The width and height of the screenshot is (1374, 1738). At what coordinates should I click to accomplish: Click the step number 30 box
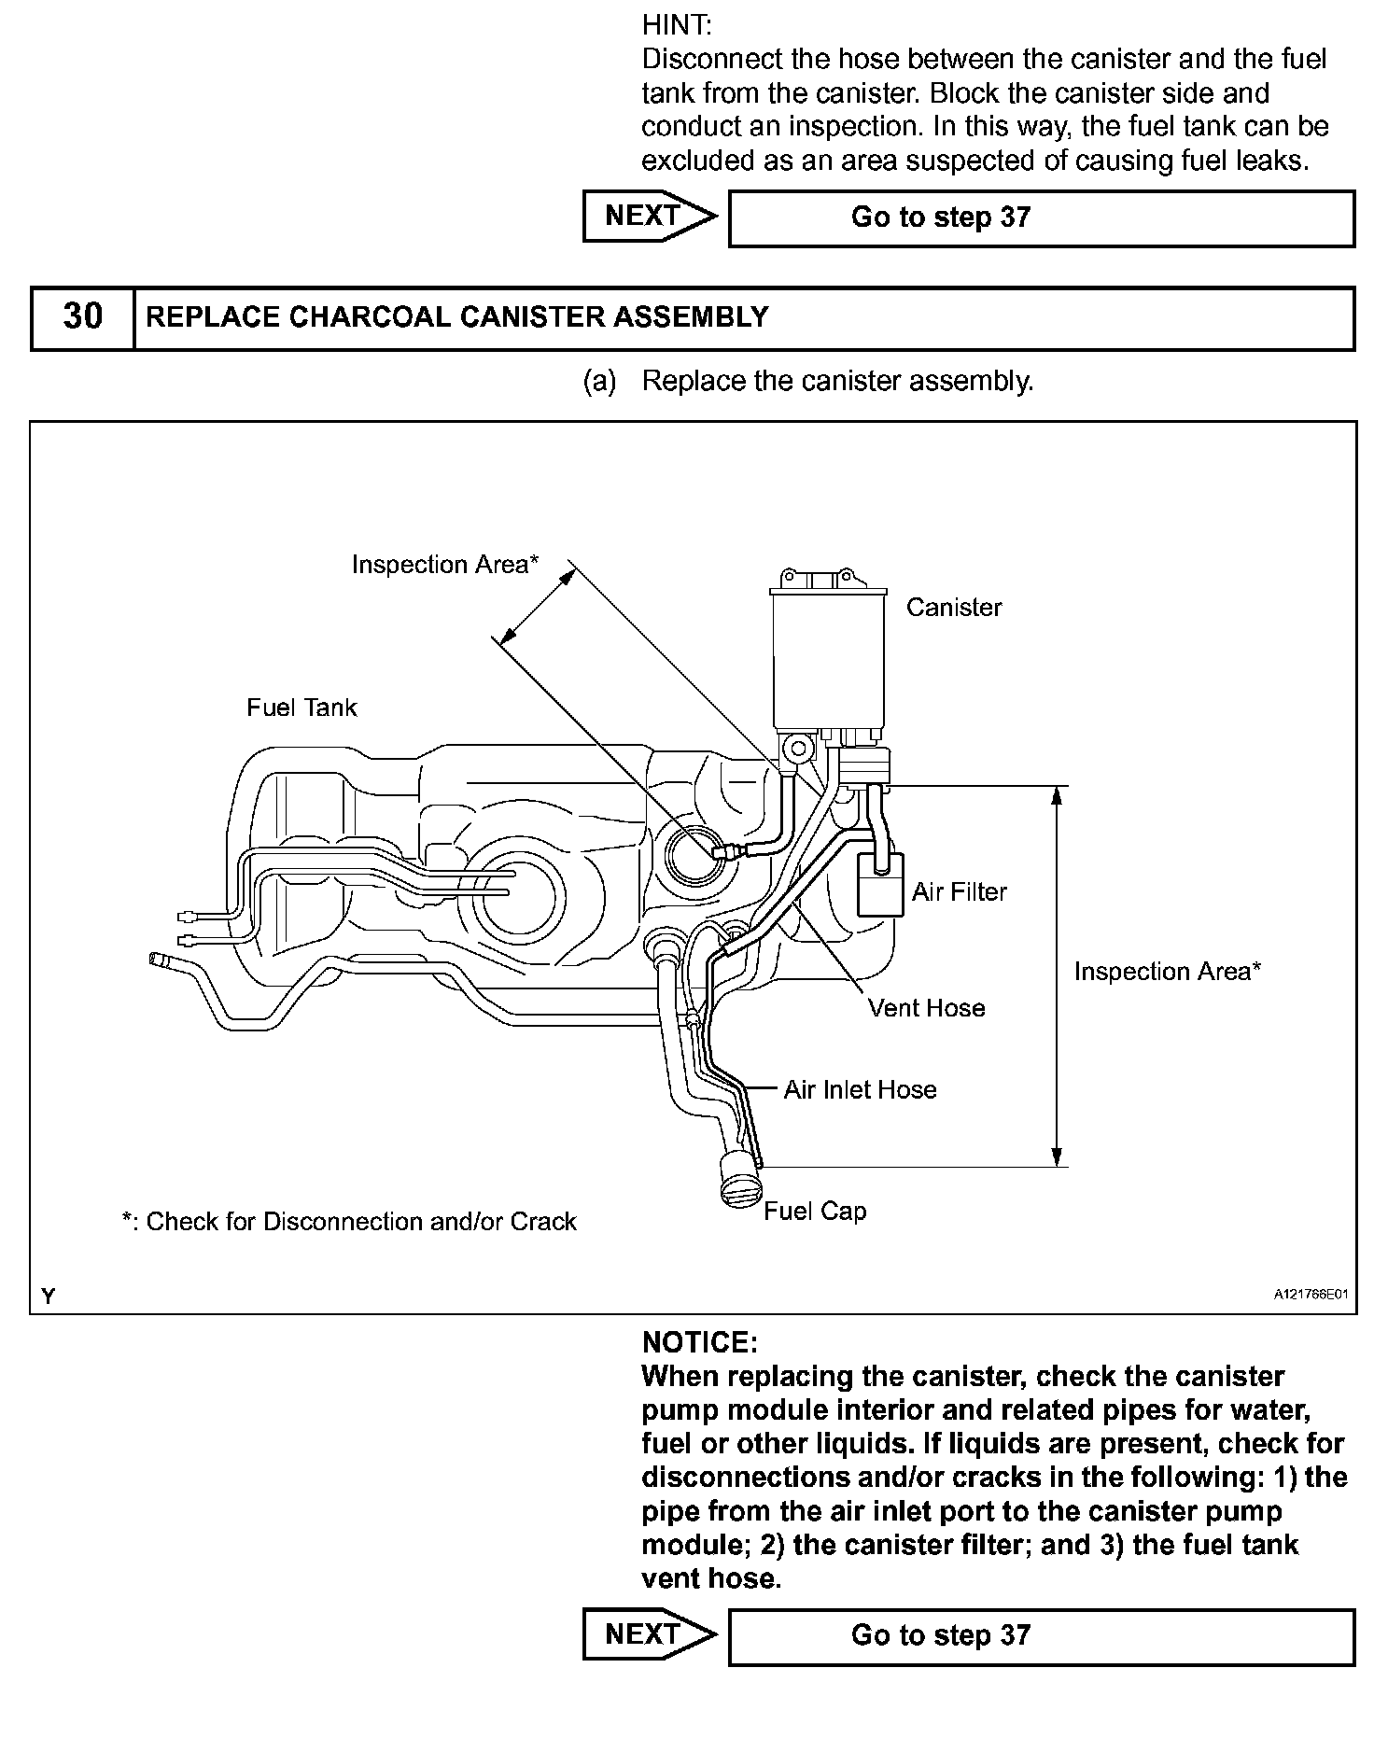pos(82,317)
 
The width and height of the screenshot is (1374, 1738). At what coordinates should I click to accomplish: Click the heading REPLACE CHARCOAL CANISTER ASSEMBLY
pos(457,317)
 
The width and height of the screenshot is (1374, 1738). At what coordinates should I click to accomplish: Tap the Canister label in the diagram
pos(953,608)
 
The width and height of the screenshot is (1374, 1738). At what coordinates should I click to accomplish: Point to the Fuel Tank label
pos(301,708)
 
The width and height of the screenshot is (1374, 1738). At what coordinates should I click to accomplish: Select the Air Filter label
pos(960,892)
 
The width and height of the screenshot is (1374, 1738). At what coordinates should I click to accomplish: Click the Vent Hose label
pos(926,1008)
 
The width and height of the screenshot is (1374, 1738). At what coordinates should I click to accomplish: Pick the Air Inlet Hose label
pos(860,1089)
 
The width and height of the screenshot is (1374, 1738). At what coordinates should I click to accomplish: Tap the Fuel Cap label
pos(815,1211)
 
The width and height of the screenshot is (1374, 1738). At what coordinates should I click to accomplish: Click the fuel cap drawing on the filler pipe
pos(742,1182)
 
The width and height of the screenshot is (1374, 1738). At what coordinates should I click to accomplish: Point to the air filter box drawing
pos(880,884)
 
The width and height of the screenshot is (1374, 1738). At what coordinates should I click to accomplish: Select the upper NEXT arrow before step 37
pos(650,217)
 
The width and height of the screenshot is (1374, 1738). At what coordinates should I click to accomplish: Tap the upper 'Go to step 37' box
pos(1041,218)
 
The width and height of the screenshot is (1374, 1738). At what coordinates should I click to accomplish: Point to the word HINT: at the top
pos(677,25)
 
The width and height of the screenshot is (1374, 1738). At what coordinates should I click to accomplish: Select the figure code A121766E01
pos(1311,1295)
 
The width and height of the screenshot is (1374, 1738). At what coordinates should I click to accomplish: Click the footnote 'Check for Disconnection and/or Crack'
pos(350,1222)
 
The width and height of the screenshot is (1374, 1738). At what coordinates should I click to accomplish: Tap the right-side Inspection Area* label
pos(1167,972)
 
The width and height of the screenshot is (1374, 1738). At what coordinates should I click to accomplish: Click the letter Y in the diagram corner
pos(49,1296)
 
